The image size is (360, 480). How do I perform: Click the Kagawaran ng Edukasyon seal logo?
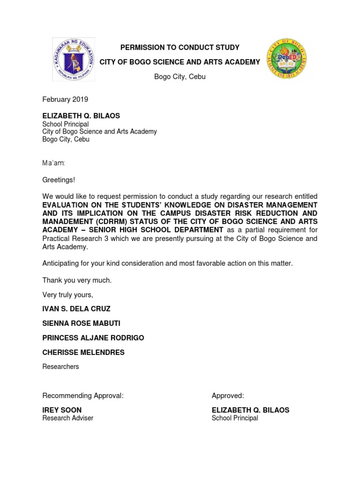(x=73, y=59)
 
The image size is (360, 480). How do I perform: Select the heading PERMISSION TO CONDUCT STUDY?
(x=180, y=47)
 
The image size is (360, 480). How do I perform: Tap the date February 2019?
(x=65, y=99)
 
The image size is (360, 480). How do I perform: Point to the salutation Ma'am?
(x=54, y=163)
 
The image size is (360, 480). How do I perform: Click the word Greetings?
(x=59, y=180)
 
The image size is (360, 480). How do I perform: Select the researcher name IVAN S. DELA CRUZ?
(x=76, y=309)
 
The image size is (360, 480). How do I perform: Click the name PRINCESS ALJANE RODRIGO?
(x=93, y=338)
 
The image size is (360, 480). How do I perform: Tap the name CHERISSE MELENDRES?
(x=83, y=352)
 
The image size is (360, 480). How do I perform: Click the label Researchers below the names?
(x=60, y=367)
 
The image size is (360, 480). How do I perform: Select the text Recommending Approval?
(x=83, y=396)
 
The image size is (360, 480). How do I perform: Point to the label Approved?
(x=228, y=396)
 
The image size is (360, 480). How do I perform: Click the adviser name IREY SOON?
(x=62, y=410)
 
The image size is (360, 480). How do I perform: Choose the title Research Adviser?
(x=68, y=418)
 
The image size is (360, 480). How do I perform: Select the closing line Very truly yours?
(x=68, y=295)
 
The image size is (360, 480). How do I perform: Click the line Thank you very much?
(x=77, y=280)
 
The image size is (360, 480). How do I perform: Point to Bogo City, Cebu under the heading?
(x=180, y=76)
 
